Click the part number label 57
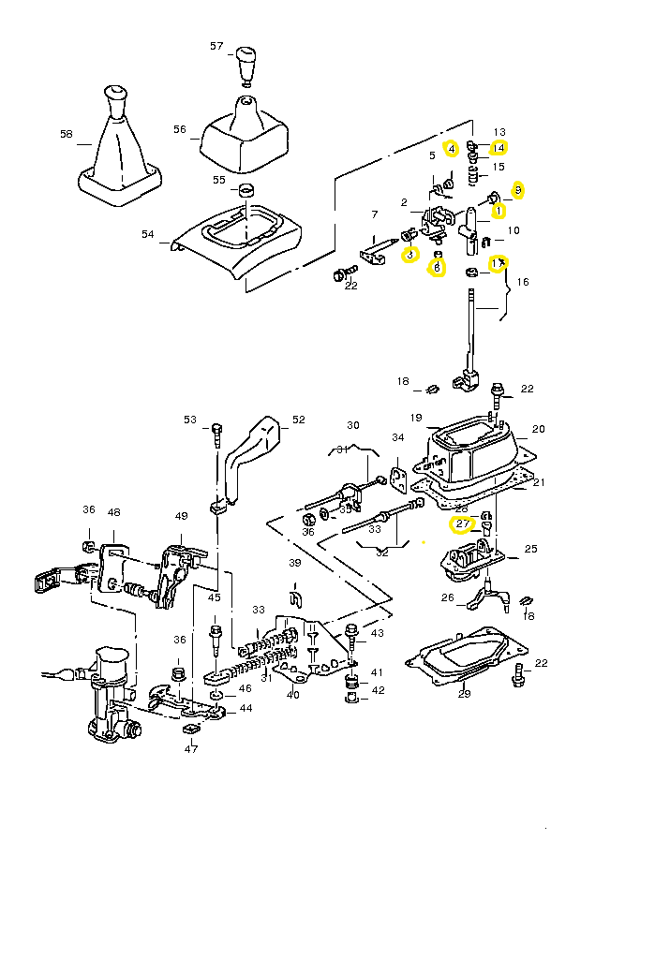[216, 46]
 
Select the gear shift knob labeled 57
[246, 63]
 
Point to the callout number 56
[180, 129]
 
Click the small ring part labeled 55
[246, 192]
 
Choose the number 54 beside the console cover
[148, 234]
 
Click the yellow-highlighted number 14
[499, 148]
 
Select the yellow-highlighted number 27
[462, 524]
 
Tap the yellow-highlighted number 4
[451, 148]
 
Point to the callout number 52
[299, 420]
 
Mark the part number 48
[114, 512]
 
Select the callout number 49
[182, 516]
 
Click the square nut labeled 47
[191, 729]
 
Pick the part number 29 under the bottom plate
[464, 694]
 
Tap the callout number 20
[538, 430]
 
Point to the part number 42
[378, 690]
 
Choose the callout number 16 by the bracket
[523, 281]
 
